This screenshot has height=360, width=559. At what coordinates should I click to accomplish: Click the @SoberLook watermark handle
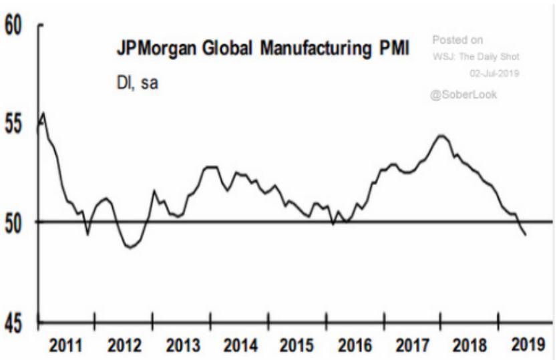[x=465, y=94]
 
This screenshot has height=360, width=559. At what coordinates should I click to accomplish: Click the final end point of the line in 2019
[x=526, y=234]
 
